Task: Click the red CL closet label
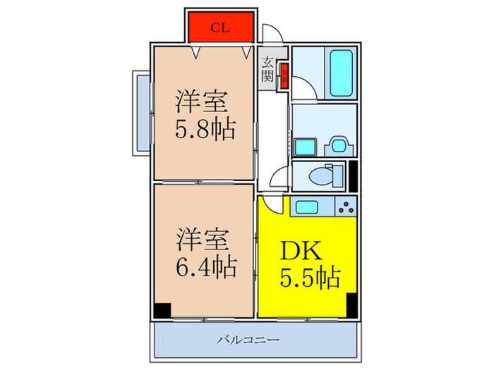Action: [x=220, y=28]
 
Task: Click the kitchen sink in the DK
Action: [x=308, y=206]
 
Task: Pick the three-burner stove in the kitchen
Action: [x=346, y=206]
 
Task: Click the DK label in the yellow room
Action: [x=303, y=252]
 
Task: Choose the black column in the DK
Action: [x=351, y=303]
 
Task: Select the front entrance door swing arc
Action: [x=271, y=34]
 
